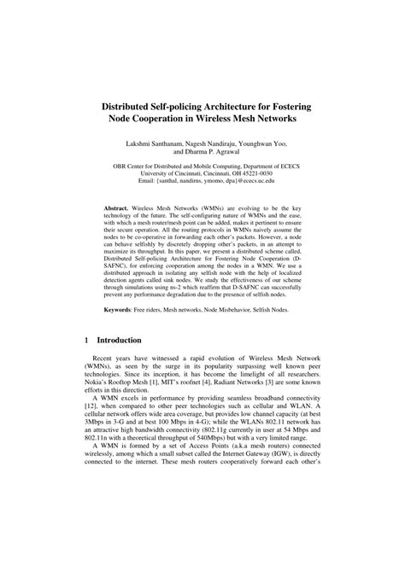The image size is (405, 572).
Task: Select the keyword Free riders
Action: [x=160, y=332]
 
